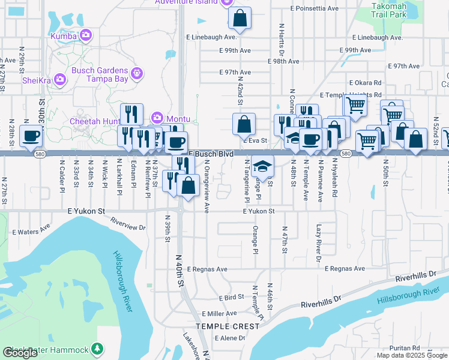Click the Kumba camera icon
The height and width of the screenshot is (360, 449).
[x=86, y=36]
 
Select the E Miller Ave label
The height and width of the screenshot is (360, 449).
[x=220, y=314]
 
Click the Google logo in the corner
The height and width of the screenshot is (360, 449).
[x=20, y=353]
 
